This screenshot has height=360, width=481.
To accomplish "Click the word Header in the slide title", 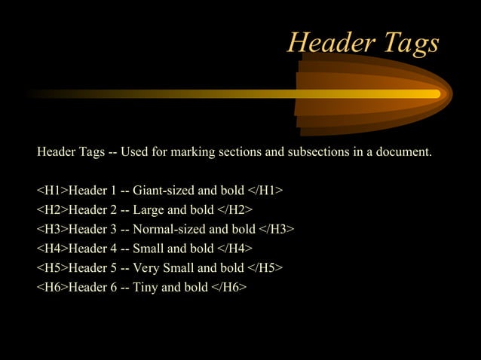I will (x=329, y=43).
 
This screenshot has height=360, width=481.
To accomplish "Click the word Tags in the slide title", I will (x=408, y=44).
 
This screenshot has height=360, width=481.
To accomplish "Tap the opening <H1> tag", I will (x=52, y=189).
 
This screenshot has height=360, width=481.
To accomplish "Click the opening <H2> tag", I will (x=52, y=209).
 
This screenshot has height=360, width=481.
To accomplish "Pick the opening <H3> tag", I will (x=52, y=228).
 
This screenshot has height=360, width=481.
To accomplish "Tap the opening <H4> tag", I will (x=52, y=248).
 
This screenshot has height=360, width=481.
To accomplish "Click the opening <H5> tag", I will (x=52, y=267).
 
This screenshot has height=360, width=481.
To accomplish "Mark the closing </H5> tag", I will (x=265, y=267).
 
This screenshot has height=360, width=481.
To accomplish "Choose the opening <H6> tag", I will (x=52, y=287).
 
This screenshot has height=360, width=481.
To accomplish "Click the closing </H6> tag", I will (x=229, y=287).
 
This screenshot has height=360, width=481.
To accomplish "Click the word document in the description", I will (x=404, y=151).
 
